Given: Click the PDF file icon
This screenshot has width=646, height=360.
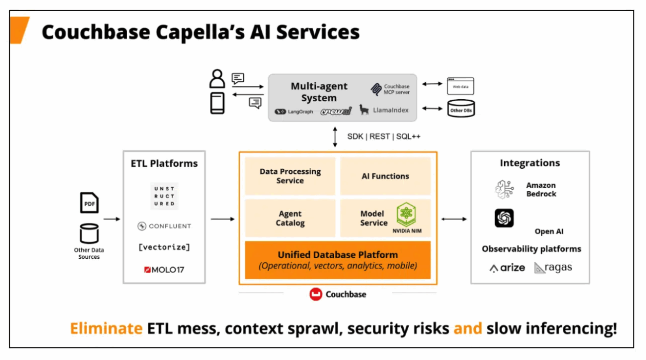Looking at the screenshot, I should [89, 203].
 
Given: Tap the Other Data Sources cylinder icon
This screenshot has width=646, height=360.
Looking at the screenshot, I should [89, 233].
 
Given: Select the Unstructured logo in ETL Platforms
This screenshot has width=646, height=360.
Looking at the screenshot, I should [164, 196].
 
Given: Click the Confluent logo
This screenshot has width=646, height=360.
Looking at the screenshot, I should [164, 226].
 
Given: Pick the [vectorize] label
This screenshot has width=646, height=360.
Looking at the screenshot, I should [164, 247].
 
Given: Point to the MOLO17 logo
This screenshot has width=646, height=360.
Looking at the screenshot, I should [164, 270].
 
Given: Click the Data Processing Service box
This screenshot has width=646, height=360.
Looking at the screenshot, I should [290, 176].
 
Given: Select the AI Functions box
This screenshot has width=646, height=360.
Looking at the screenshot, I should [385, 176].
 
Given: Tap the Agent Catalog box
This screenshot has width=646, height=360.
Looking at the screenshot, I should [290, 218].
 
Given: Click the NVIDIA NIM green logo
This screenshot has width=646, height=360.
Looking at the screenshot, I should [406, 214].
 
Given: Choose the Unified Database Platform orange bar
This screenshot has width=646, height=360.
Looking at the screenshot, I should [338, 260].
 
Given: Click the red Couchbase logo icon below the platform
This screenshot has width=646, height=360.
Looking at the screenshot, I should [316, 294].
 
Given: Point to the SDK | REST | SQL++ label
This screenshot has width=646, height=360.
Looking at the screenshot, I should [384, 136].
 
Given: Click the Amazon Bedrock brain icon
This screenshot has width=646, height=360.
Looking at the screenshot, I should [504, 189].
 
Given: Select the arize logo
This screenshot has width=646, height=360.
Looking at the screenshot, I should [507, 268].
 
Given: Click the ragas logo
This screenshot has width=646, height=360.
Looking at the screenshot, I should [553, 268].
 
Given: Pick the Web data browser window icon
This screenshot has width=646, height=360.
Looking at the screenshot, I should [461, 86].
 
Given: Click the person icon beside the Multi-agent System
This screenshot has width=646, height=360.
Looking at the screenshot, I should [217, 78].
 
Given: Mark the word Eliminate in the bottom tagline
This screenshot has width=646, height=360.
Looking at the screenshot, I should [106, 328].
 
